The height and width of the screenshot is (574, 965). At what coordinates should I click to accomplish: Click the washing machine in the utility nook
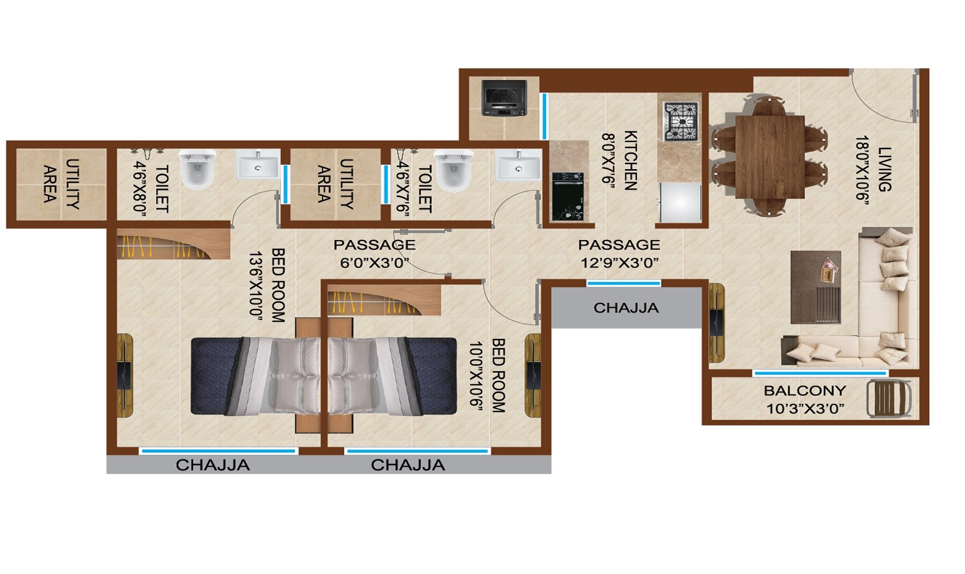[x=503, y=98]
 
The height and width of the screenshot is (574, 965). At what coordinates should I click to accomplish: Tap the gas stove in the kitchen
[x=680, y=121]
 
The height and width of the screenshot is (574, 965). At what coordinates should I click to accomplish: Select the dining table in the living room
[x=769, y=157]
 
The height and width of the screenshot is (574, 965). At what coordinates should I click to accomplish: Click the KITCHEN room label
[x=630, y=160]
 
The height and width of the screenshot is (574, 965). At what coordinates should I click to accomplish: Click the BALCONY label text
[x=804, y=390]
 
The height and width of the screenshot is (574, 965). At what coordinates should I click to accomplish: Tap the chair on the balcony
[x=889, y=398]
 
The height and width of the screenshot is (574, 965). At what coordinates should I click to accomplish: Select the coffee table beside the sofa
[x=815, y=287]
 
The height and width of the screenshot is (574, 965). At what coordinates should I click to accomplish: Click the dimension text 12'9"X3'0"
[x=619, y=263]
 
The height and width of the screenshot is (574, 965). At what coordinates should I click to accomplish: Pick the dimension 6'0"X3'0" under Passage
[x=374, y=263]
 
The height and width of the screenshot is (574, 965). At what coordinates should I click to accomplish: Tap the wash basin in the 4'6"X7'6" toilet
[x=518, y=166]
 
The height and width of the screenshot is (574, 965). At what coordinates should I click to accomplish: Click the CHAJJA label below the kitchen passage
[x=626, y=308]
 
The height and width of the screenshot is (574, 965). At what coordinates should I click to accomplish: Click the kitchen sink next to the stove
[x=680, y=202]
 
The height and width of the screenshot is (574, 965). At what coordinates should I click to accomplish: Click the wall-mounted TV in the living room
[x=716, y=323]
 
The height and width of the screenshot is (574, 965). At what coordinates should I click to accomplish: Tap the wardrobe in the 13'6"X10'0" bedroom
[x=173, y=244]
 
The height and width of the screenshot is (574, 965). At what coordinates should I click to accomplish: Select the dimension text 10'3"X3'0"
[x=804, y=409]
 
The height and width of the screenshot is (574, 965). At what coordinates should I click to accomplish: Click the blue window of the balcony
[x=819, y=373]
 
